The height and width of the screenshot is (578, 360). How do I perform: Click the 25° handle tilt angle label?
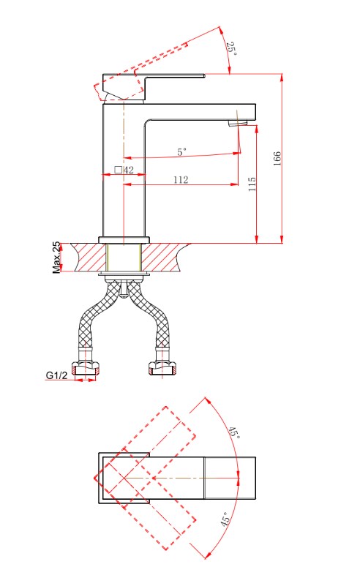point(231,49)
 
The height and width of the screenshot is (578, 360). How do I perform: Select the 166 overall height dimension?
point(277,159)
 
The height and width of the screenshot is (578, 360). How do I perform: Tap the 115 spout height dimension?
point(252,184)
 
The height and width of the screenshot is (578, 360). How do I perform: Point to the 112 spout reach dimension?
point(181,179)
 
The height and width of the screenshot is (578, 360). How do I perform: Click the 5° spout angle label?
point(182,151)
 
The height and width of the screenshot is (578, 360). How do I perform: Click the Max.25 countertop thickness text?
point(56,258)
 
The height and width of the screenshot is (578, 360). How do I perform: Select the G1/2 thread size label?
point(57,375)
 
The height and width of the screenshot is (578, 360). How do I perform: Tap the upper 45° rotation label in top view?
point(234,432)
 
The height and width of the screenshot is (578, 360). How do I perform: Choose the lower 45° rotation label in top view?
point(226,519)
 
